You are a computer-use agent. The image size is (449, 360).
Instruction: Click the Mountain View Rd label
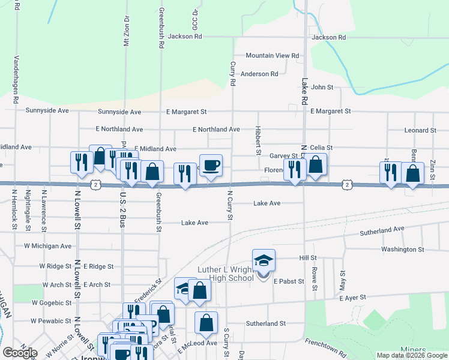[272, 55]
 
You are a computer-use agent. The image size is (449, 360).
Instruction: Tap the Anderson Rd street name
[259, 74]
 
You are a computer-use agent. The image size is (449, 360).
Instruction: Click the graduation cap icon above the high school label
[264, 260]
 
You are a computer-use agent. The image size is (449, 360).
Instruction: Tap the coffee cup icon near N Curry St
[210, 165]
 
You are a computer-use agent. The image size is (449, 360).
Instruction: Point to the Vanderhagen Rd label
[16, 81]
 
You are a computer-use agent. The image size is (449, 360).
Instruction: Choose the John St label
[322, 87]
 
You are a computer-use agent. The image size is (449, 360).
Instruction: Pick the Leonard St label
[420, 130]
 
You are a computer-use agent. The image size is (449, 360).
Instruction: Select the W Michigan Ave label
[47, 246]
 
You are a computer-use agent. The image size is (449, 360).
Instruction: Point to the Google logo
[20, 353]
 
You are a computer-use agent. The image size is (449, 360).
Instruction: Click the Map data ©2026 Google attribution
[411, 355]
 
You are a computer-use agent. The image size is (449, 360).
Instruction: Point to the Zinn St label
[432, 171]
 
